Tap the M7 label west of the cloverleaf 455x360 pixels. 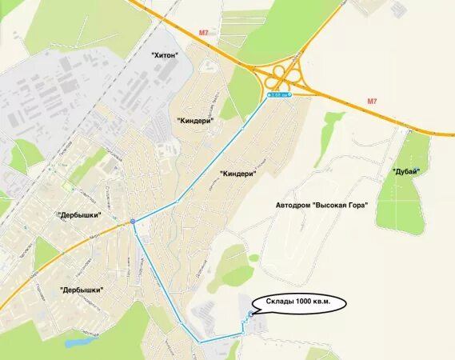203,33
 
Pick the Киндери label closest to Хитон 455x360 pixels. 196,118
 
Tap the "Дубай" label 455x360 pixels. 406,171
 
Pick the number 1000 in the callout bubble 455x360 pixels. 307,302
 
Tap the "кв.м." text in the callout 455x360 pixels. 333,302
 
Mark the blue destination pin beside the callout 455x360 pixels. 249,314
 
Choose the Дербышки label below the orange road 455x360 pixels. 82,290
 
